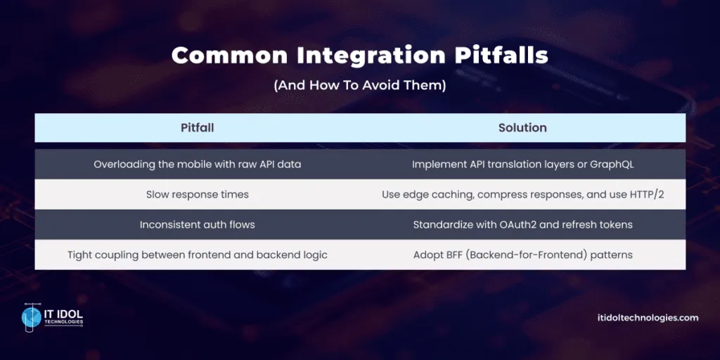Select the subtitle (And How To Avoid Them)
(x=359, y=86)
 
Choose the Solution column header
(x=522, y=127)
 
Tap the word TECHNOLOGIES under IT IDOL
(x=63, y=323)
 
